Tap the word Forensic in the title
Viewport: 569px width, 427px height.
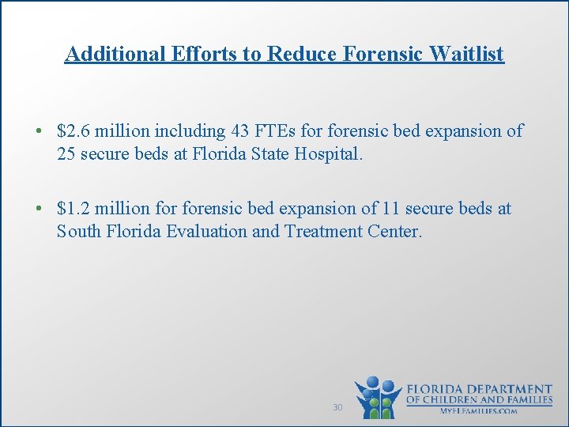[373, 54]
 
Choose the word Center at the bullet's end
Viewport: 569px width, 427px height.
[397, 232]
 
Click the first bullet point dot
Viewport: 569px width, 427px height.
[38, 131]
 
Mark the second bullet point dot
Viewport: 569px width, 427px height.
[38, 209]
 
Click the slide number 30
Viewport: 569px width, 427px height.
[337, 407]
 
